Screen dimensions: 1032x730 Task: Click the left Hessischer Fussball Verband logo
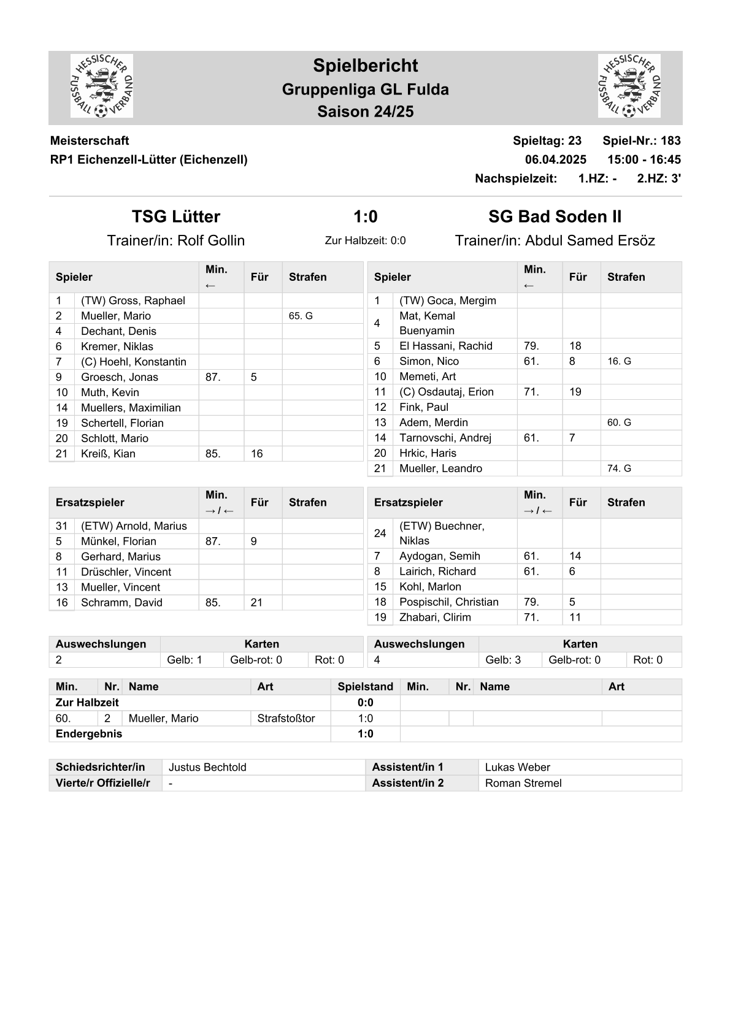[102, 86]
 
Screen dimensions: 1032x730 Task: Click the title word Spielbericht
[365, 66]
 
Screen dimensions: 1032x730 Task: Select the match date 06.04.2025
[555, 159]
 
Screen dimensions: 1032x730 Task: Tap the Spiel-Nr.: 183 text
[641, 140]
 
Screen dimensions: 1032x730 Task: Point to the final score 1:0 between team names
[365, 216]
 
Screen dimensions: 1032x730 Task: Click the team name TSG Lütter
[176, 216]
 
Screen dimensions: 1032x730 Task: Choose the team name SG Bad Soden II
[555, 216]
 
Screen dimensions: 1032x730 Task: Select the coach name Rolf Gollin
[210, 240]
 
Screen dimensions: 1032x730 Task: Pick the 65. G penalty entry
[301, 316]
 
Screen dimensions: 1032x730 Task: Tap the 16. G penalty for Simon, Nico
[619, 361]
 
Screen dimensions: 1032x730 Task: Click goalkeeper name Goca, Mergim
[447, 300]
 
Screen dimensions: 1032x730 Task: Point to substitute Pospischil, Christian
[448, 602]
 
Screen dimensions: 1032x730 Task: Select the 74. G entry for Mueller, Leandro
[619, 468]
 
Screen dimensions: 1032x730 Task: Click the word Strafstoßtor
[286, 718]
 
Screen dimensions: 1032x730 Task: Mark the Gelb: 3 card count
[503, 660]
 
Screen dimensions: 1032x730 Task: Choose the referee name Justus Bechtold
[207, 767]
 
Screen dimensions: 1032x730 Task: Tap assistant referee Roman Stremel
[523, 783]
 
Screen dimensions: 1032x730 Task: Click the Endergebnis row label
[89, 734]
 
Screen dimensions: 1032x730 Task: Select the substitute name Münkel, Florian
[118, 541]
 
